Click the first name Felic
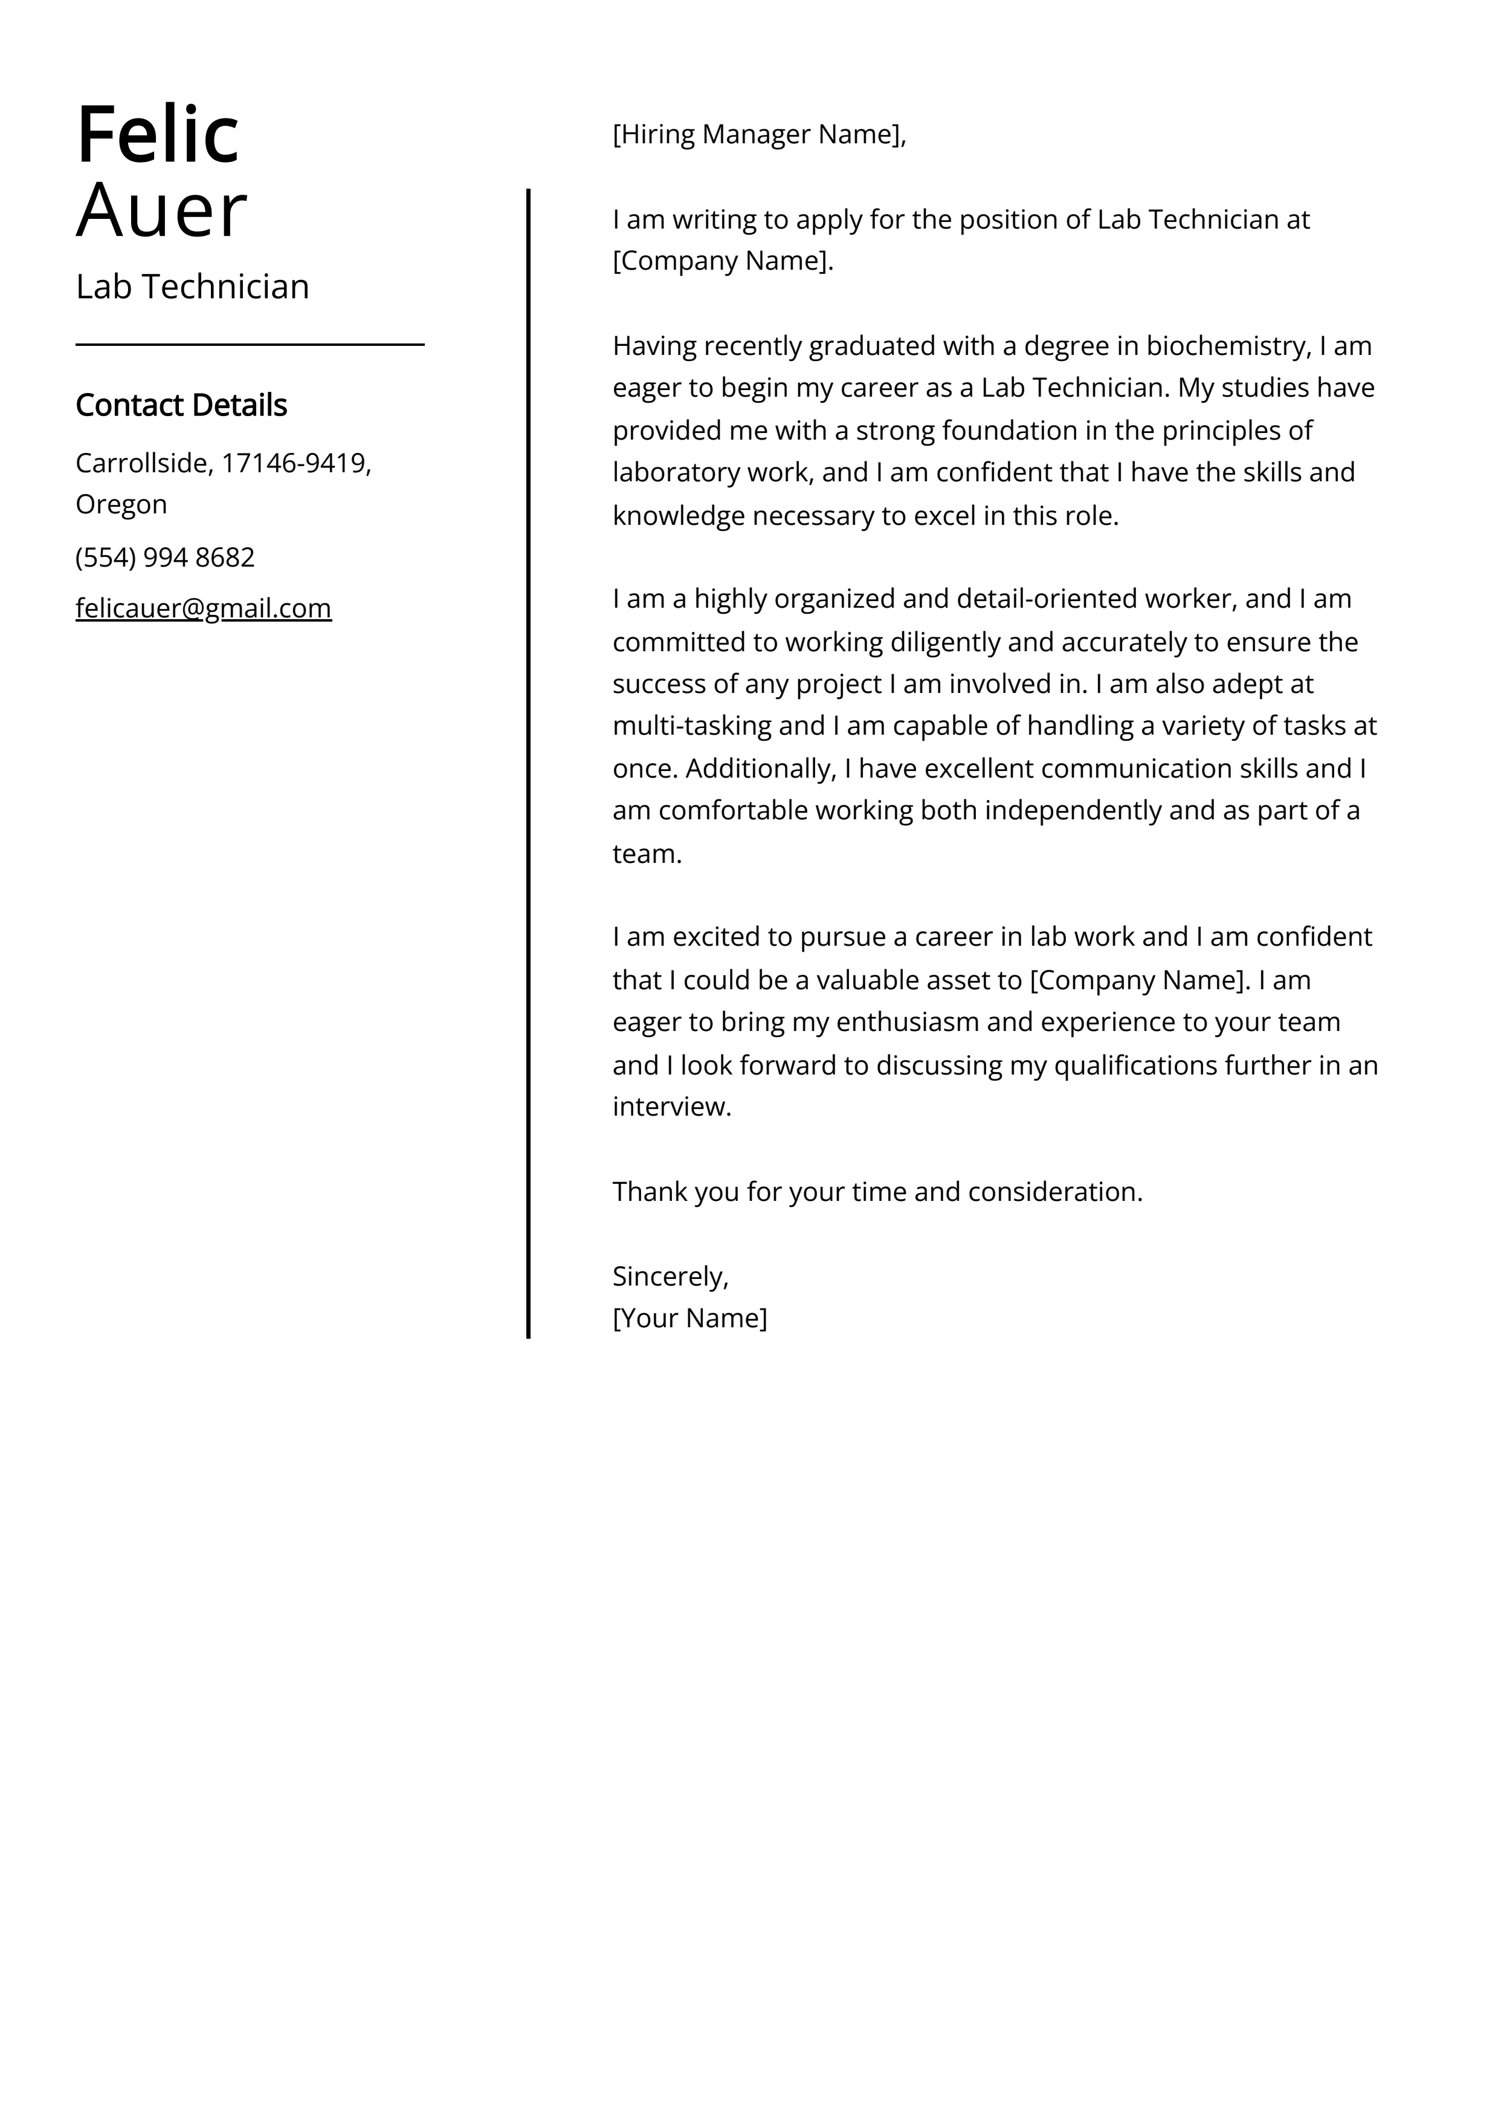(158, 135)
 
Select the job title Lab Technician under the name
(192, 287)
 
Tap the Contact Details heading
(181, 405)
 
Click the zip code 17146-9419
(294, 463)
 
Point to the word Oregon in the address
(121, 504)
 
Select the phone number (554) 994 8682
(165, 558)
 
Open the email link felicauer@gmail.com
(203, 608)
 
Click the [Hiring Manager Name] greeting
(759, 135)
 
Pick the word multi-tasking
(693, 726)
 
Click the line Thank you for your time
(877, 1192)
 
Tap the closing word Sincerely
(668, 1277)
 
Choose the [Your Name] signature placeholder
(689, 1319)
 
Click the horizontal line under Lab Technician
(249, 345)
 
